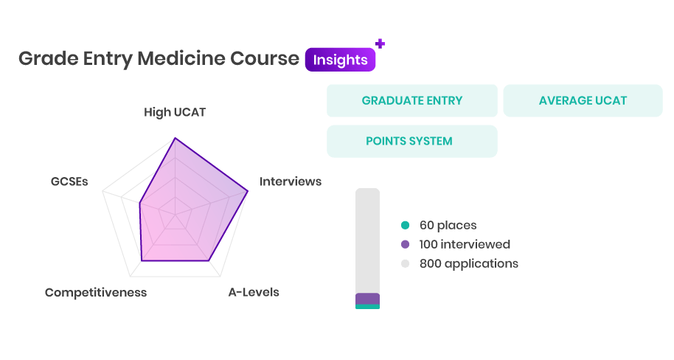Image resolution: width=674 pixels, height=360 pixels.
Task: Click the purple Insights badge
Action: tap(340, 59)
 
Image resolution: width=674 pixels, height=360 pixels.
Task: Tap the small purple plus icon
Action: tap(380, 44)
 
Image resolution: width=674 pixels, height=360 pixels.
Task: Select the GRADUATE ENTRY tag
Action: tap(411, 100)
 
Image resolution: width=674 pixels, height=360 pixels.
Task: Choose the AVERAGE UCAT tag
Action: tap(583, 100)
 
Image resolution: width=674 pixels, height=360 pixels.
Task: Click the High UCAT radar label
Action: tap(175, 112)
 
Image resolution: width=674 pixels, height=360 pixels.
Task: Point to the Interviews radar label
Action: tap(291, 181)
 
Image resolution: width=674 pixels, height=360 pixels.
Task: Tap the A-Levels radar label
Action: tap(254, 292)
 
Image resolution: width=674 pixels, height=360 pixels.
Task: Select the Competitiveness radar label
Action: tap(96, 292)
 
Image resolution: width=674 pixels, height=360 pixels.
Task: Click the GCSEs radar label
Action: tap(69, 181)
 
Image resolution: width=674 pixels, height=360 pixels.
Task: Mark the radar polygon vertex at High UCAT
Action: tap(175, 138)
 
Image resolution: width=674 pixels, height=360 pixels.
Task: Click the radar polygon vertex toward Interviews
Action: tap(248, 191)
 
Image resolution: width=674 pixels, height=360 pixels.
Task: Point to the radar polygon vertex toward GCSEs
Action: tap(139, 203)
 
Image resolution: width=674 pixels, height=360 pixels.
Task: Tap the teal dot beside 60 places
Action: tap(405, 225)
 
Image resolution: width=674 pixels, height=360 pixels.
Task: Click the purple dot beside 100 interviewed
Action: tap(405, 244)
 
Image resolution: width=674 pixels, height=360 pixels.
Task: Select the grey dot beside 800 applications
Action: tap(405, 263)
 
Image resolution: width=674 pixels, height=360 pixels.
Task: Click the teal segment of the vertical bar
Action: tap(367, 307)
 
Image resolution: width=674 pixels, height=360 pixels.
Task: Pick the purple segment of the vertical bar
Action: tap(367, 299)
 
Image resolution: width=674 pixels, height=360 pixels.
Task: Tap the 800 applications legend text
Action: tap(469, 263)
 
